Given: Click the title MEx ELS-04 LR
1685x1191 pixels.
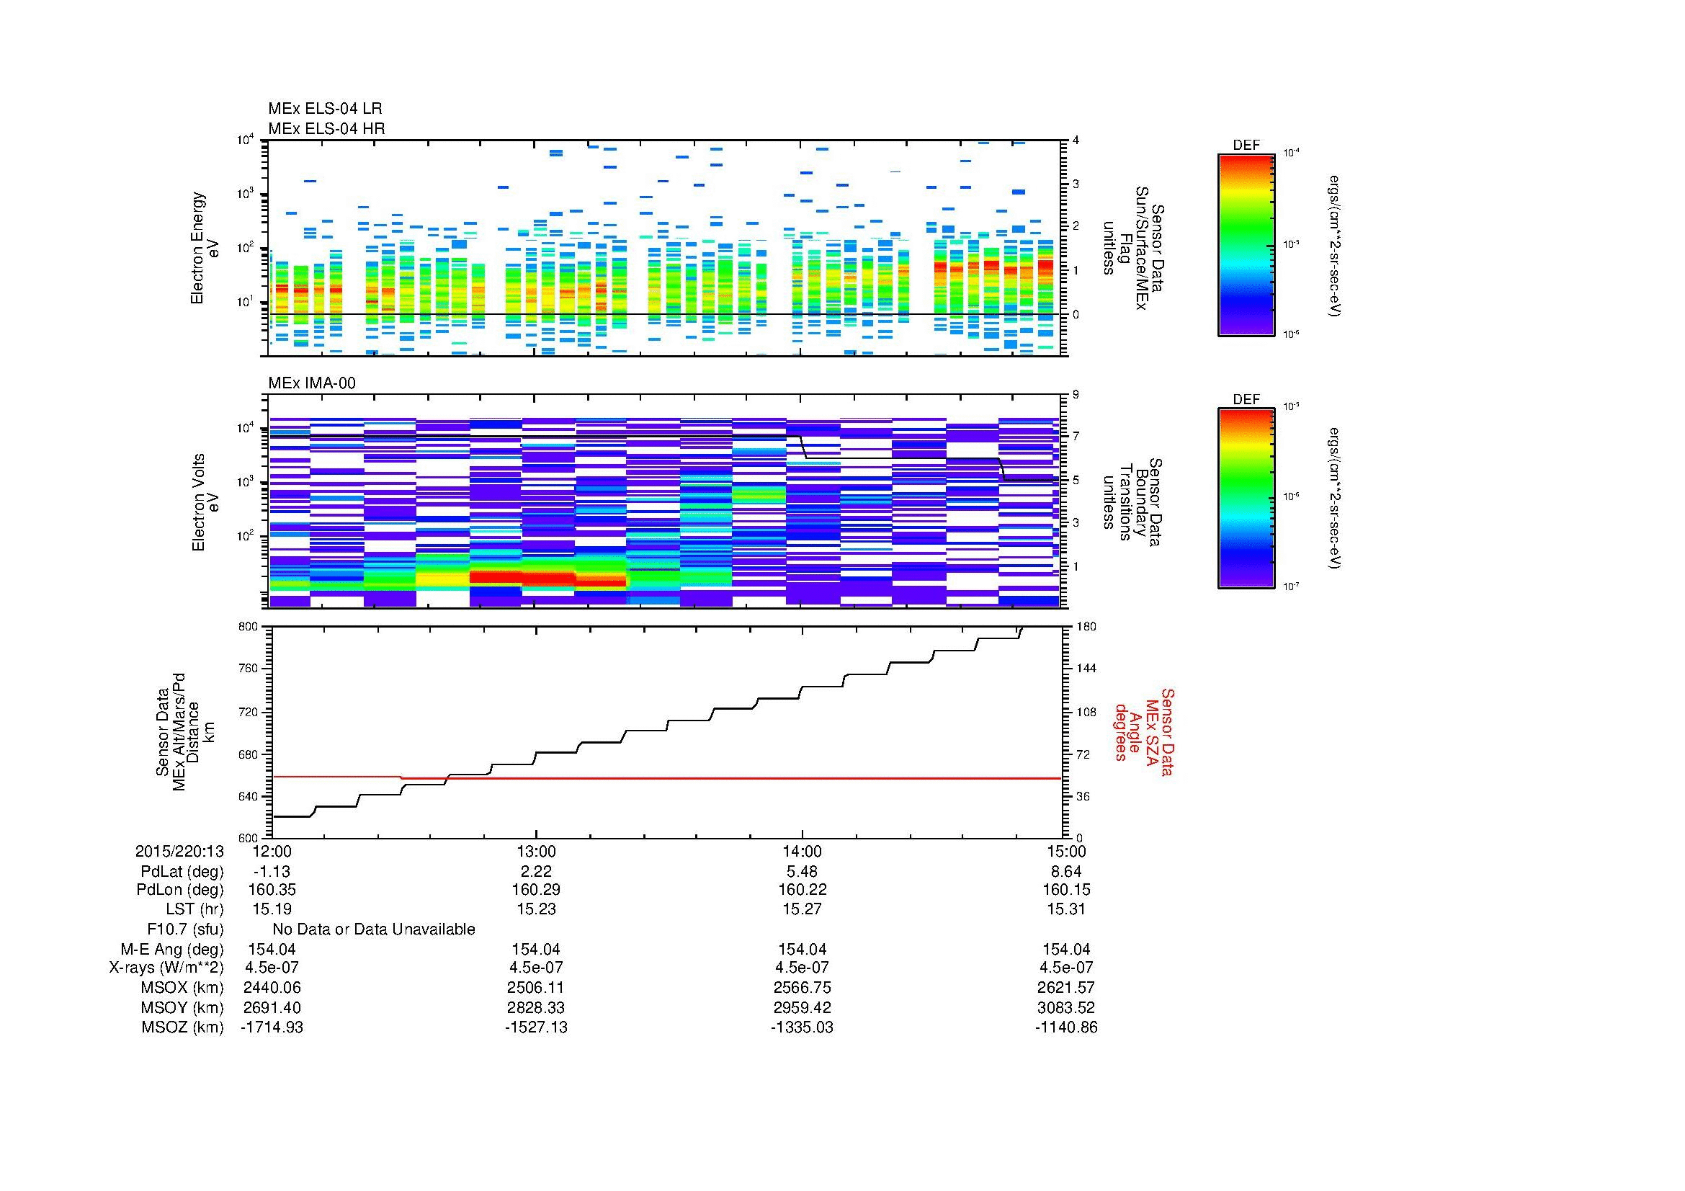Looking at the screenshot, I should (325, 109).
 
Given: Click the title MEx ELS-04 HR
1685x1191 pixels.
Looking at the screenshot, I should (326, 128).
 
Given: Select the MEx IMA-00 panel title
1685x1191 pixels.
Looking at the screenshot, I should (312, 383).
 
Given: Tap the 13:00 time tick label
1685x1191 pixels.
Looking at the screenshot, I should (537, 851).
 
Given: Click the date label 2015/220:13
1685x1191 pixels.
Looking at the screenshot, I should (179, 851).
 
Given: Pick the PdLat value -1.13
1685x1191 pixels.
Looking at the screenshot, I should (272, 872).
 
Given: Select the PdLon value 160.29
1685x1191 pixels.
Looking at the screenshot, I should (537, 890).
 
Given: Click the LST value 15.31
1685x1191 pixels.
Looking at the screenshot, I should (1066, 909).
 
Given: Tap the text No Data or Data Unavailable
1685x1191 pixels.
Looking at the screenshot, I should (374, 929).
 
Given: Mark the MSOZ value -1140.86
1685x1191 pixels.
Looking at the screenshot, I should (1066, 1027).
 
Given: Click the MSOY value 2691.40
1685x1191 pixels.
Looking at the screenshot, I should (272, 1007).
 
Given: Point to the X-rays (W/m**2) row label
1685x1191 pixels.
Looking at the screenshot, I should (166, 968).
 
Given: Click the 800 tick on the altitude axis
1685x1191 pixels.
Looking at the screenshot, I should (249, 627).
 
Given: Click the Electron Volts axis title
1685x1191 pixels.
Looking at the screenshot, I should (198, 503).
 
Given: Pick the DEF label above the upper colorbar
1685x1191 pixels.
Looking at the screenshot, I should (1246, 146).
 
